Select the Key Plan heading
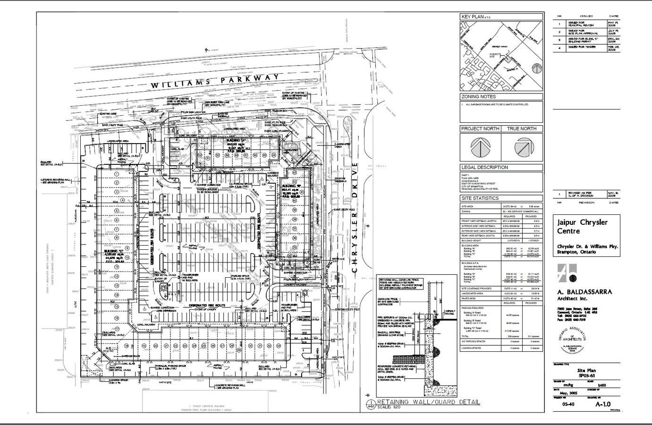pos(472,17)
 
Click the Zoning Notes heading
pos(478,97)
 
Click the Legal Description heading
pos(484,167)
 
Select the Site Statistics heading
pos(480,198)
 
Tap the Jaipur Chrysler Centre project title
pos(582,227)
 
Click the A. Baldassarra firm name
pos(584,292)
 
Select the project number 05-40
pos(564,404)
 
